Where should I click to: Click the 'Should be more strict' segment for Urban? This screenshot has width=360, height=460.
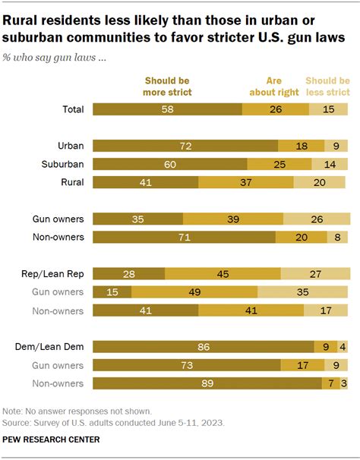click(x=185, y=145)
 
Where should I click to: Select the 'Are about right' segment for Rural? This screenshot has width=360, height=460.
click(x=245, y=182)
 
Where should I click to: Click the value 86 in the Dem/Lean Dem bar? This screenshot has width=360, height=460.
click(x=203, y=347)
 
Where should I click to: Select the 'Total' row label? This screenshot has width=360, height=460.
click(x=72, y=109)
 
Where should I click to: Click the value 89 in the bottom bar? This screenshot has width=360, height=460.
click(x=207, y=383)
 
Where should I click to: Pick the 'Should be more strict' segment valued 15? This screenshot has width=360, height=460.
click(x=112, y=291)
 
